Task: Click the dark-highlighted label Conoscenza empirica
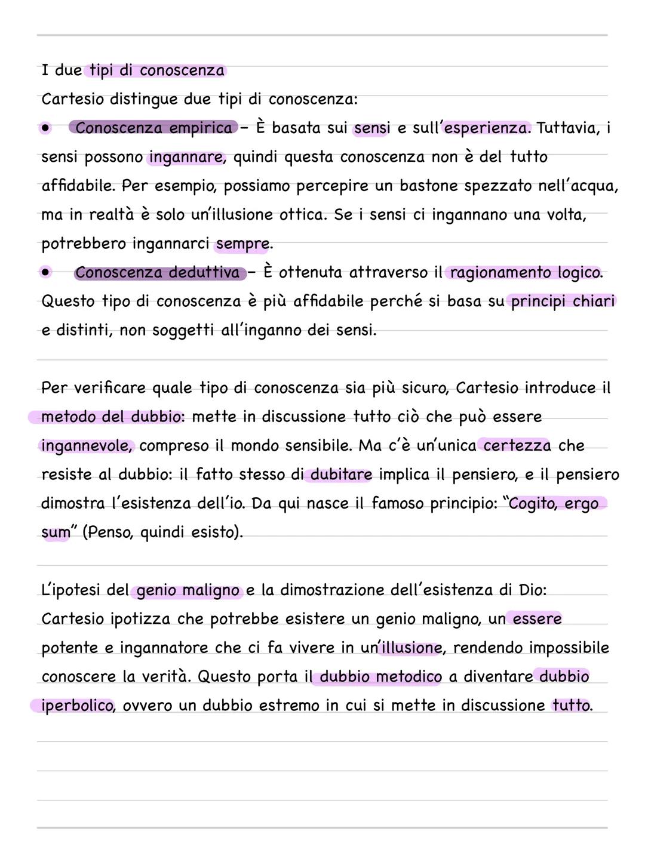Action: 153,128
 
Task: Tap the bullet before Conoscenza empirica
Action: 45,128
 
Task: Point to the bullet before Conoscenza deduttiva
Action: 46,273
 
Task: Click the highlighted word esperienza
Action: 486,128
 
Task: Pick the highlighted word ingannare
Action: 186,157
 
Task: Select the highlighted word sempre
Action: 242,244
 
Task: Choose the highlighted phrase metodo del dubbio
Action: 111,417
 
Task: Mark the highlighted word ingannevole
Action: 86,446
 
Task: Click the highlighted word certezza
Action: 517,445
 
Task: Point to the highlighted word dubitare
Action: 341,475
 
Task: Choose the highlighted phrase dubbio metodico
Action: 380,677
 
